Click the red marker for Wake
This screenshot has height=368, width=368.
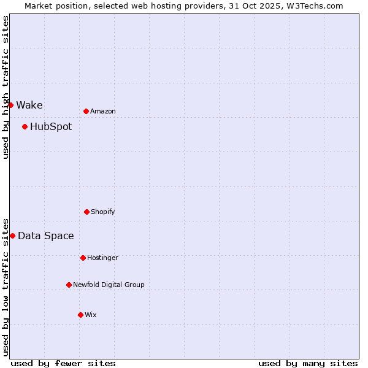click(10, 105)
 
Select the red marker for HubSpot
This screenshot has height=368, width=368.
click(25, 127)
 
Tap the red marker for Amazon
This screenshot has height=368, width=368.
click(86, 111)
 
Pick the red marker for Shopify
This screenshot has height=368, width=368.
click(86, 212)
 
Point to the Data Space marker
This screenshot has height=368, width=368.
click(12, 236)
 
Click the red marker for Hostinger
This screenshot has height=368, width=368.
click(83, 258)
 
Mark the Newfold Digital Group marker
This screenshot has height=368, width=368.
click(69, 285)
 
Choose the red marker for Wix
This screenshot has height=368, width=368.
click(80, 315)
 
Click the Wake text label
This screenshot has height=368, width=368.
click(29, 105)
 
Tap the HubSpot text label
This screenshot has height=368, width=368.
click(51, 127)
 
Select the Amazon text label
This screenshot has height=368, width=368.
click(103, 111)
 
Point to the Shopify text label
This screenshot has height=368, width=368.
click(103, 212)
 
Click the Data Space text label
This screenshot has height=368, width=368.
click(46, 236)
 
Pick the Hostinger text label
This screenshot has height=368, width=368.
click(102, 258)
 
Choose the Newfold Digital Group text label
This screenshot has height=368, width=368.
click(109, 285)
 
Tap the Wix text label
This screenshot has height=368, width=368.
click(91, 315)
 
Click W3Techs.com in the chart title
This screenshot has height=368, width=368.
click(313, 6)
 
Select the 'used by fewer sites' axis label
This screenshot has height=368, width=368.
click(63, 363)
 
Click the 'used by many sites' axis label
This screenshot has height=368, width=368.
click(308, 363)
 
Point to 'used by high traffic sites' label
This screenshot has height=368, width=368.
click(6, 87)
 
